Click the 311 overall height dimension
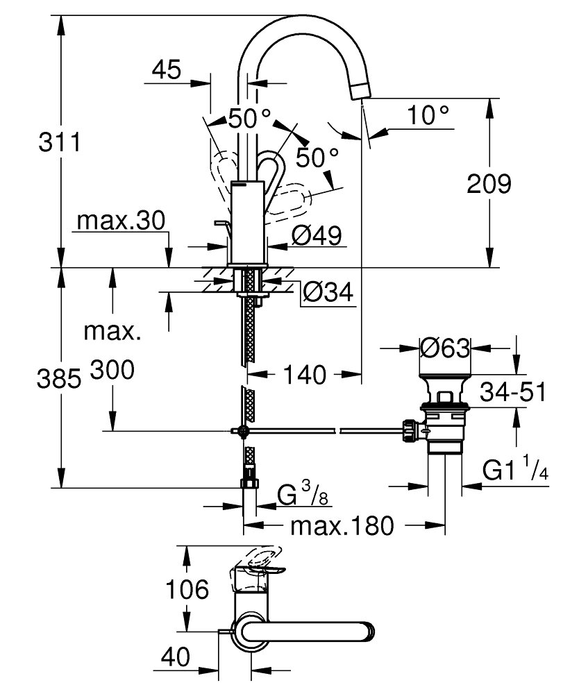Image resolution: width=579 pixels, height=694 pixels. click(59, 143)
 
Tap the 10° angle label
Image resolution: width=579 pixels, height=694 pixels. click(427, 115)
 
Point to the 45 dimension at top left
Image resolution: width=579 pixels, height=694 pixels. click(165, 70)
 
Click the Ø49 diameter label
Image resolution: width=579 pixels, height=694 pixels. click(317, 236)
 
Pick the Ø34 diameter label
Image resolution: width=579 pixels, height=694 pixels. click(328, 294)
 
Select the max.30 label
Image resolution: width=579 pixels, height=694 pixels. click(121, 222)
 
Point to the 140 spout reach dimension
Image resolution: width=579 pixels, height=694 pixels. click(304, 375)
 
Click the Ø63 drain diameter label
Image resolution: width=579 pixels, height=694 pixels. click(446, 347)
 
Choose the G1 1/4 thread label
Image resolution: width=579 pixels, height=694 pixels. click(515, 472)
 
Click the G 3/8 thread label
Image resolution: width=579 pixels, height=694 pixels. click(303, 496)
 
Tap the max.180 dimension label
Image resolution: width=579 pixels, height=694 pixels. click(340, 525)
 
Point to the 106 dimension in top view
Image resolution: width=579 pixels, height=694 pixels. click(187, 590)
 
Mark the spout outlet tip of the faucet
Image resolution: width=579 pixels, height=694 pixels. click(365, 90)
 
